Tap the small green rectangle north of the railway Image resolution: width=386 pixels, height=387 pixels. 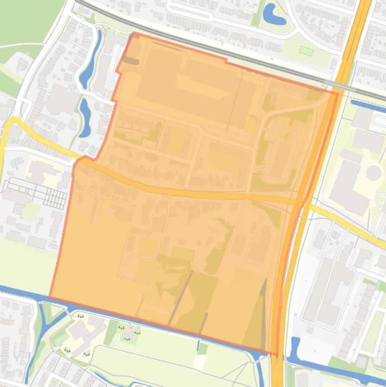[306, 51]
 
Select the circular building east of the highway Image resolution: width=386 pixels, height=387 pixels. [373, 173]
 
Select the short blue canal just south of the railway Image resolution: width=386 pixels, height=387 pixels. [368, 106]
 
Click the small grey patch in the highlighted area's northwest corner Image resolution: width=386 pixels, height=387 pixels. [131, 61]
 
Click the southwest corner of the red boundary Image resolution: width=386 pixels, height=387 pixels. [49, 297]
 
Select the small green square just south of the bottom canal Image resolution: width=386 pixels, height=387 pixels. [202, 348]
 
